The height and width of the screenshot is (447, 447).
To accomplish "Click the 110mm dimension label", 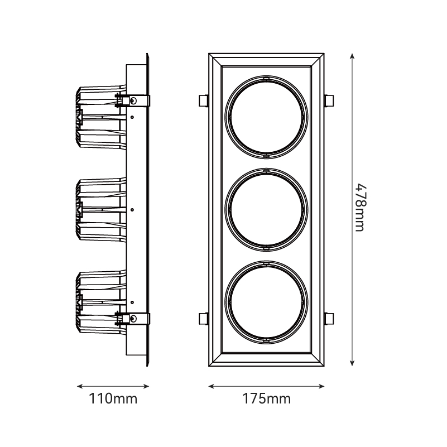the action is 113,398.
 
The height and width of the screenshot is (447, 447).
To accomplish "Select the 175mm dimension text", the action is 266,398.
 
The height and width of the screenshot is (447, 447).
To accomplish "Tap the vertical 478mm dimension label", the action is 360,208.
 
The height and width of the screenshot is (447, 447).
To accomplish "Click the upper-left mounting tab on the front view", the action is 204,100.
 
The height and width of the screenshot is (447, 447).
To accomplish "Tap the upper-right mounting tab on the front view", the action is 329,100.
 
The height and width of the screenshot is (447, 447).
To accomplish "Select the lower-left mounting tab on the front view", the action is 204,319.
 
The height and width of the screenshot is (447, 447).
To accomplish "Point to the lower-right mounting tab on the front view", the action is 329,319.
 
